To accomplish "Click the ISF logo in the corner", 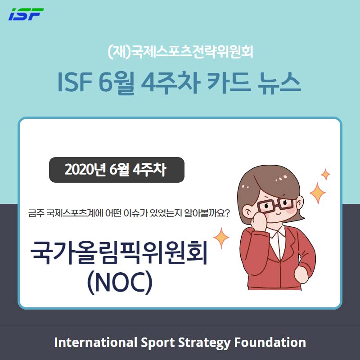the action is [26, 14].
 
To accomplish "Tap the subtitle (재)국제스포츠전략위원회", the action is [180, 52].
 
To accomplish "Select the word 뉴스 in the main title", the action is [279, 83].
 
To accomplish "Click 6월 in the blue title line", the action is [117, 83].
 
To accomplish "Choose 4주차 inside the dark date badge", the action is [149, 170].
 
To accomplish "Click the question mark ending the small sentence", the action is [226, 213].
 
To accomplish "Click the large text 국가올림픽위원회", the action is [119, 252].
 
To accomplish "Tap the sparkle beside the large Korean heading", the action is [221, 238].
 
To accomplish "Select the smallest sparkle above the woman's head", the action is [325, 175].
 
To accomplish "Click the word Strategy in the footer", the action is [204, 343].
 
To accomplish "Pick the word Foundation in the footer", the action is [270, 342].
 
